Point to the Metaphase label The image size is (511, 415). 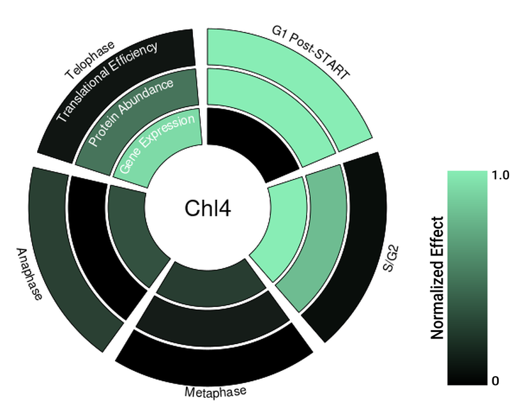pos(215,391)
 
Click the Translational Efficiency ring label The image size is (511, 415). pos(107,81)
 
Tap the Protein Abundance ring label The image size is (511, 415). pos(131,112)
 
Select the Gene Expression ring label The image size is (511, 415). pos(156,145)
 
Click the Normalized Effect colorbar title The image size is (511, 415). pos(438,278)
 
